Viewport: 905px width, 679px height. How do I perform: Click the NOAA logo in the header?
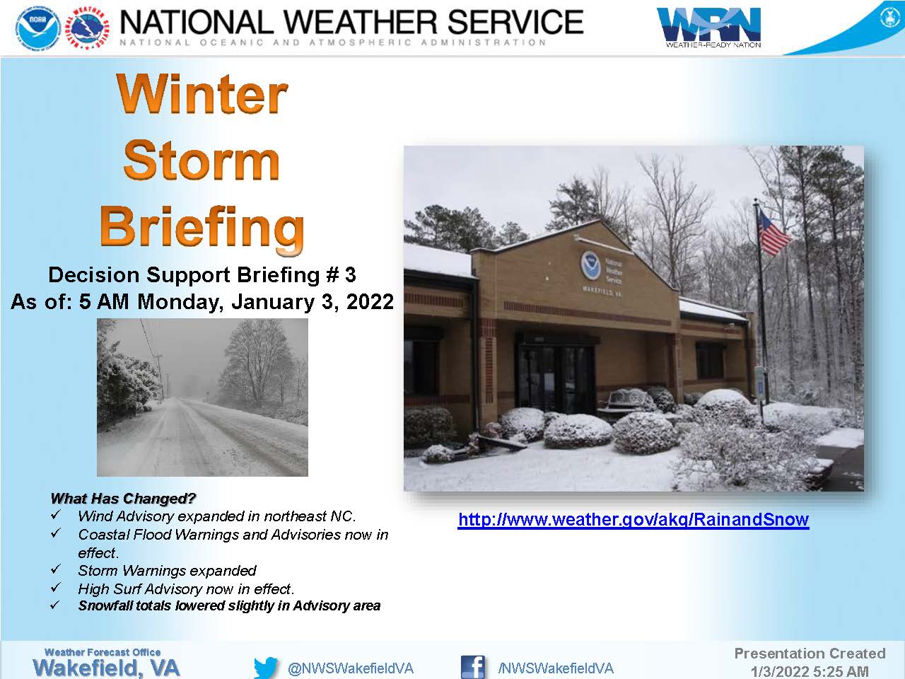click(39, 28)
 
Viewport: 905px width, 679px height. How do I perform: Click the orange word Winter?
click(202, 94)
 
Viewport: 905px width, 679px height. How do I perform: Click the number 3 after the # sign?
click(351, 274)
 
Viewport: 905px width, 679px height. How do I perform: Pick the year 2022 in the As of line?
click(370, 301)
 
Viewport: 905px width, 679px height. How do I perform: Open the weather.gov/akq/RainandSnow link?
click(633, 519)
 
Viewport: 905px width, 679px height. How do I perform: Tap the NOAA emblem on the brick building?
click(590, 264)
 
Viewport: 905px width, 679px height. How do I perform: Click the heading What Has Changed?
click(123, 499)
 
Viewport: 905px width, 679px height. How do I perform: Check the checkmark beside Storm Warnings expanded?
click(56, 569)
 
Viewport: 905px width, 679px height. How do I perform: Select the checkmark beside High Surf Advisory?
click(56, 587)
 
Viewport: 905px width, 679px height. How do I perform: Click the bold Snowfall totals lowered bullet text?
click(229, 605)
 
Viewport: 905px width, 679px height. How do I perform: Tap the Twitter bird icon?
click(266, 667)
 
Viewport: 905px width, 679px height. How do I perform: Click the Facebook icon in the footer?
click(472, 667)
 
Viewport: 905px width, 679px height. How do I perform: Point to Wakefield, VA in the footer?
click(106, 668)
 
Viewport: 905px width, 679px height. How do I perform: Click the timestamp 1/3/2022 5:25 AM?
click(810, 672)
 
